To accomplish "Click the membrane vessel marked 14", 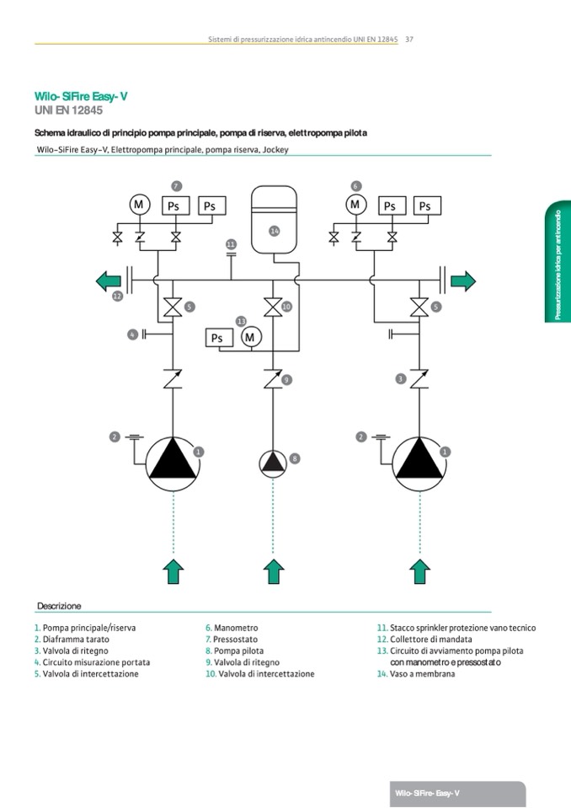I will (275, 217).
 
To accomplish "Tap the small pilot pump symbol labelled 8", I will (272, 463).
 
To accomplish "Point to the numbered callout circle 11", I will (231, 244).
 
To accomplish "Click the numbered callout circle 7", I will (176, 185).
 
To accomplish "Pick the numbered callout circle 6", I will (355, 185).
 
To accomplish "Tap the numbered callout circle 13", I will (241, 321).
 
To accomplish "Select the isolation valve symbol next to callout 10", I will (272, 308).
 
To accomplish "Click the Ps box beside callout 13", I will (217, 338).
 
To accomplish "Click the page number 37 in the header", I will (408, 39).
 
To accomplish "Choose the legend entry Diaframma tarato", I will (75, 639).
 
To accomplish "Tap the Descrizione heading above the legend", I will (59, 606).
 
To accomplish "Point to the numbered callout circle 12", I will (117, 297).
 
